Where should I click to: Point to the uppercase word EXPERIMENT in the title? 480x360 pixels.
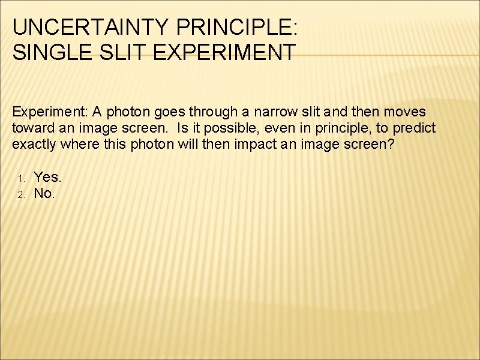224,52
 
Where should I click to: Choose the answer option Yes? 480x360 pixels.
47,177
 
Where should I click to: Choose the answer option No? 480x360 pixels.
44,193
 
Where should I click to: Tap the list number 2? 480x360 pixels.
20,194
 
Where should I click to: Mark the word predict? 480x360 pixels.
414,128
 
